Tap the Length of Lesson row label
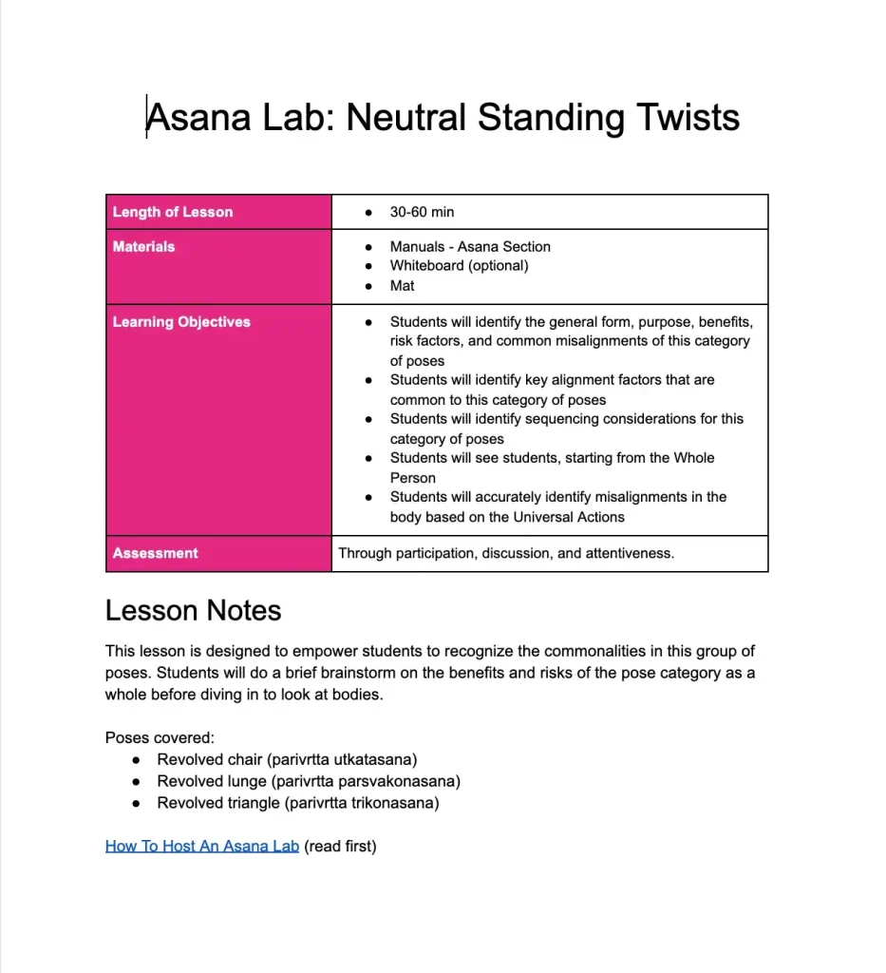click(x=173, y=212)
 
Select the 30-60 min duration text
click(x=422, y=212)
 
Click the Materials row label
click(x=143, y=246)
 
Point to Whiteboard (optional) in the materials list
click(x=459, y=266)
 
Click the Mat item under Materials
click(x=402, y=285)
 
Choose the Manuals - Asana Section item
click(x=470, y=246)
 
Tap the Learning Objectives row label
click(x=181, y=322)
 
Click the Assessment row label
click(x=155, y=553)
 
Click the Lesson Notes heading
click(x=193, y=610)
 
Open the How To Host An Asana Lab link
click(x=202, y=846)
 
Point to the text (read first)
click(x=340, y=846)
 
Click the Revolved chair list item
click(x=287, y=759)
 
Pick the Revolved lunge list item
click(x=308, y=781)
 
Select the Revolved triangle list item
click(x=297, y=803)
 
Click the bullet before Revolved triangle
click(x=137, y=804)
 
